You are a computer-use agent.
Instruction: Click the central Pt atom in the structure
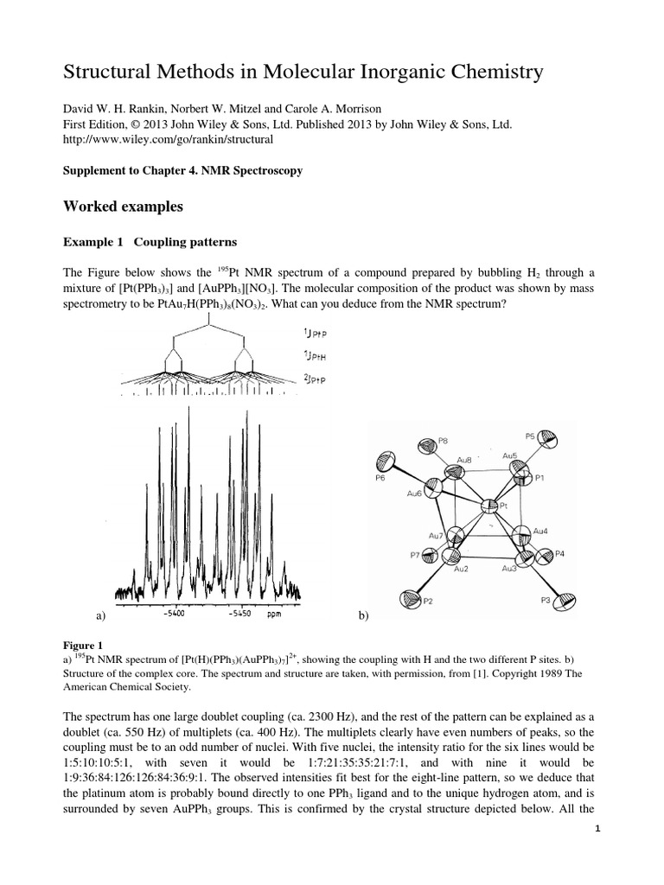488,506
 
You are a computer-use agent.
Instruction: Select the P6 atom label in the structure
380,476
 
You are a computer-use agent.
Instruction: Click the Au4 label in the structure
540,530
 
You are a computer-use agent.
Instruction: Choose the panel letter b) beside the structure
362,616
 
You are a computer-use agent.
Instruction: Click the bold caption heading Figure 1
83,644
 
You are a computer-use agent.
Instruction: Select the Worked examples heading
124,207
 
